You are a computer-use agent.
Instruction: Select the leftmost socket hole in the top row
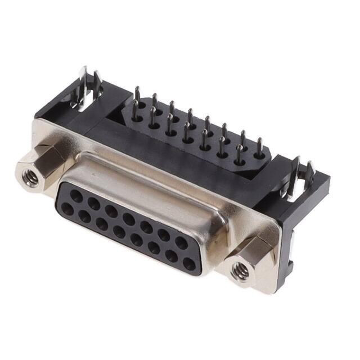click(76, 196)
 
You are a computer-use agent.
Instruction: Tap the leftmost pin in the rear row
click(137, 96)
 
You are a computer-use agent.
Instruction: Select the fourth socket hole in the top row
click(129, 219)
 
